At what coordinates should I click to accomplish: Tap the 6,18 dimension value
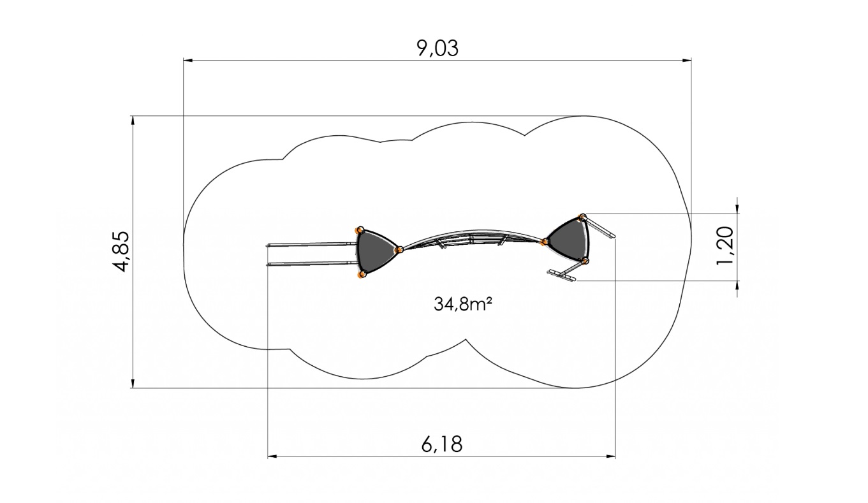click(442, 444)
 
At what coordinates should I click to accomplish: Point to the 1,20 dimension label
click(725, 246)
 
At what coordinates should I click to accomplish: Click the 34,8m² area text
click(463, 304)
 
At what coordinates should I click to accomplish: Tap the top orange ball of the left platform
click(360, 230)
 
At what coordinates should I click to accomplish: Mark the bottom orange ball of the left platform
click(362, 275)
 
